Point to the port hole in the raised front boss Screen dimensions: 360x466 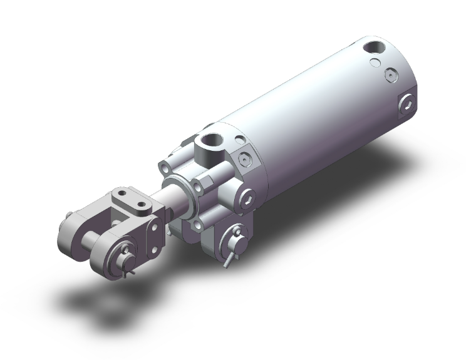(209, 145)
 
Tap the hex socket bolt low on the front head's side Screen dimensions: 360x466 (250, 200)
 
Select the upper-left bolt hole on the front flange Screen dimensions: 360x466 (163, 167)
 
